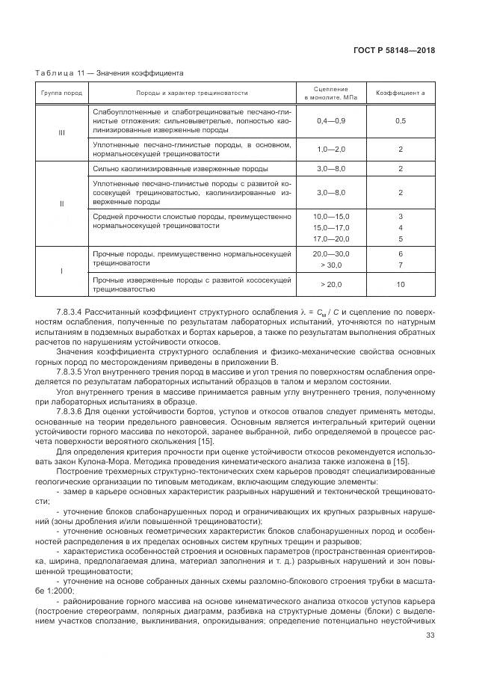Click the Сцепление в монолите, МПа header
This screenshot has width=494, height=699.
(x=331, y=93)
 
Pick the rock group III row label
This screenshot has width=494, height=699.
(x=62, y=132)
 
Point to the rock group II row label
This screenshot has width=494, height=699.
(x=62, y=203)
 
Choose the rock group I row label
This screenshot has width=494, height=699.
(x=62, y=270)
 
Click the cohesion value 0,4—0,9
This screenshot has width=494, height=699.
(x=331, y=120)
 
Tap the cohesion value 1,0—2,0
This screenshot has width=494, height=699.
(x=331, y=150)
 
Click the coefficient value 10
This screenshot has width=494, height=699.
(x=400, y=284)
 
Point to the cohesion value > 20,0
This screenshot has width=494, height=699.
(x=331, y=284)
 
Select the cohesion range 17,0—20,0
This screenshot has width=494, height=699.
(x=331, y=238)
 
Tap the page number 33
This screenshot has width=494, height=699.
(x=430, y=637)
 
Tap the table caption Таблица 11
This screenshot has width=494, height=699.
(x=61, y=73)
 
